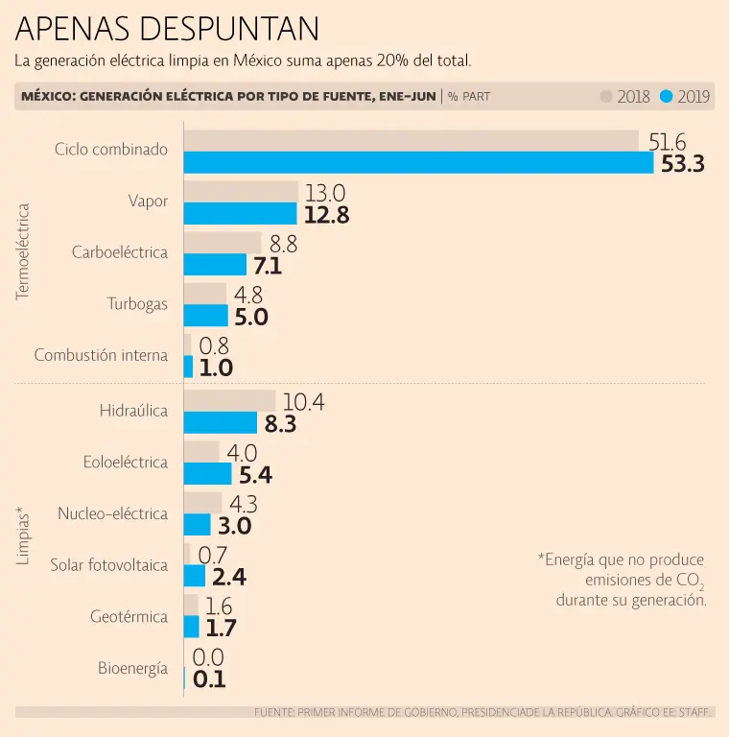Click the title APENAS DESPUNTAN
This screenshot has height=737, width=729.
click(x=167, y=29)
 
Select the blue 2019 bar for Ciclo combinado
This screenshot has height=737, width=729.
click(x=418, y=163)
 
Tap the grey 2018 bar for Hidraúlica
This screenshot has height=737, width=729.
click(x=229, y=401)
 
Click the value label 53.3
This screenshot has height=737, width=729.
click(x=683, y=164)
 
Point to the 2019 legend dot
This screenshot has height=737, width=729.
click(x=667, y=96)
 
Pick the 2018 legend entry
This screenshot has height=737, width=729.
click(x=625, y=96)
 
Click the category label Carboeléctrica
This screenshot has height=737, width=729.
click(x=120, y=252)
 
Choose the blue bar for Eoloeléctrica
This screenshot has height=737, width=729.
click(x=208, y=474)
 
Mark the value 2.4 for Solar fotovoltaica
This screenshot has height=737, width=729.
click(x=229, y=577)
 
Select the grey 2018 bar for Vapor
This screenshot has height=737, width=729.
click(x=241, y=191)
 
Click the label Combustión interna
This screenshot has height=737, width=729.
click(x=101, y=355)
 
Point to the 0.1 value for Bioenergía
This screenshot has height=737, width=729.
click(x=208, y=679)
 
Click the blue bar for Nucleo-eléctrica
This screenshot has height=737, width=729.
click(x=197, y=525)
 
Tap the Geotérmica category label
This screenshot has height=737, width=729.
click(x=129, y=617)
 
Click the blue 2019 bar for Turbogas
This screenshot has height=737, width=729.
click(x=206, y=316)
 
